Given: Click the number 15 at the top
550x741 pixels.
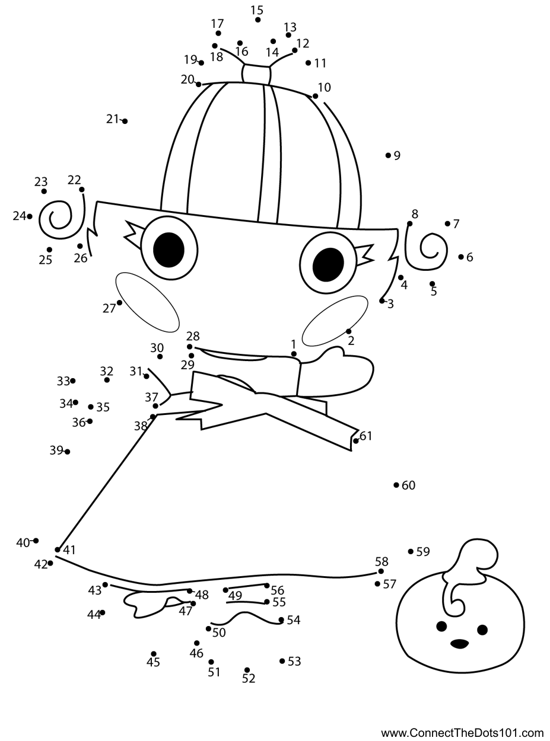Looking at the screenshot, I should coord(256,9).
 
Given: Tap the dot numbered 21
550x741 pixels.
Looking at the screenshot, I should coord(125,121).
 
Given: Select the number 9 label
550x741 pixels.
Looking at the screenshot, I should coord(397,156).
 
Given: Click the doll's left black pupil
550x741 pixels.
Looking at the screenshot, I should coord(169,249).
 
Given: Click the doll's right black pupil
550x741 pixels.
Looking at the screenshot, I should coord(328,264).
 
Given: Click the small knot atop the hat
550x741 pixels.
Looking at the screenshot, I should coord(256,74).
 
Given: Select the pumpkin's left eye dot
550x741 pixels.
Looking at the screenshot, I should coord(441,626).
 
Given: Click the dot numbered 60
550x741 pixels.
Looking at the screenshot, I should coord(396,485).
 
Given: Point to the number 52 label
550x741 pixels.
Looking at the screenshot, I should coord(249,679).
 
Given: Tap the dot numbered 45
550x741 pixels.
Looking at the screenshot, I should coord(154,654).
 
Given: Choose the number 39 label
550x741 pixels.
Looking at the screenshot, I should coord(56,451).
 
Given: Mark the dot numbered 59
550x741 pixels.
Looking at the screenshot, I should coord(411,551).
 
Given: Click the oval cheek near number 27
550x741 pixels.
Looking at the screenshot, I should coord(147,302).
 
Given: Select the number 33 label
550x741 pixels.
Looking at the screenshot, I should coord(63,381).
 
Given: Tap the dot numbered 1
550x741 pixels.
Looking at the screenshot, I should coord(294,354).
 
